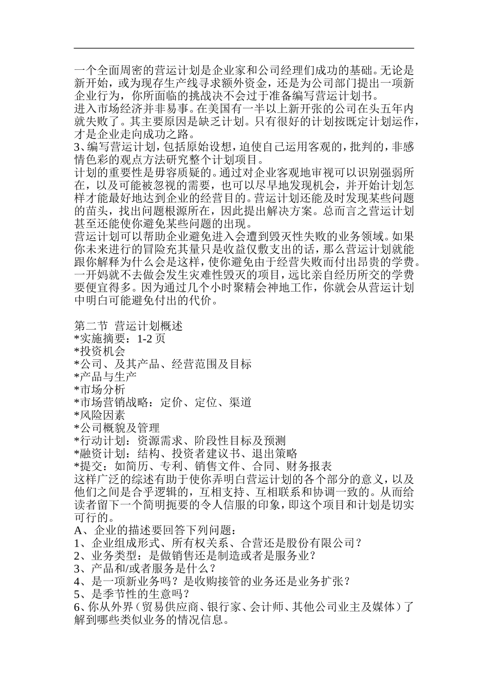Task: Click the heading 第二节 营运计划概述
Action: (128, 326)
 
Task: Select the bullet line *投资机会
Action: (100, 351)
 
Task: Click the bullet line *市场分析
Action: (100, 390)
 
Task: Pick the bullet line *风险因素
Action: (100, 415)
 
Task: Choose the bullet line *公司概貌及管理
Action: (117, 428)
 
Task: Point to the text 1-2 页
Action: (151, 339)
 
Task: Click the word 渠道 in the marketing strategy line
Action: (240, 402)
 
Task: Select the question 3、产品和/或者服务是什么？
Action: (145, 568)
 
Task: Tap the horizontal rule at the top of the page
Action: (244, 48)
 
